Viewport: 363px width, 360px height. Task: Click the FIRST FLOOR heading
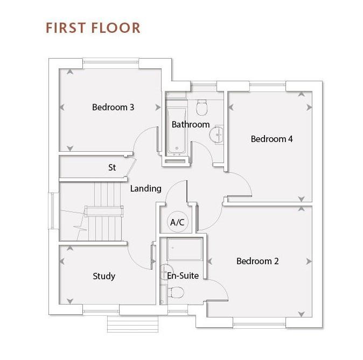[93, 28]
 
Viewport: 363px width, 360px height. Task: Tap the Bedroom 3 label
[113, 107]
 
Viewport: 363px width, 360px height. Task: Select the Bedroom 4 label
[271, 139]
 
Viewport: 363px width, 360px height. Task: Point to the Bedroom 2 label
[257, 261]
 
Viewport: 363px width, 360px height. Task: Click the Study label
[104, 276]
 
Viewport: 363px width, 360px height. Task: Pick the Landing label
[145, 188]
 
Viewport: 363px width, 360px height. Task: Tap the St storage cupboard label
[112, 167]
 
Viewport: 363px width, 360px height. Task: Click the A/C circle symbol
[178, 222]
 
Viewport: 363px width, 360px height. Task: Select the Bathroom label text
[191, 124]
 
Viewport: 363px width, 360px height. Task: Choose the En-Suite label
[183, 276]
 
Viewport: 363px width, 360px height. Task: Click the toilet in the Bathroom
[201, 108]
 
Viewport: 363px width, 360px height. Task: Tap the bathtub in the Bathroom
[177, 130]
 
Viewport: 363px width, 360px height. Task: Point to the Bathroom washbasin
[217, 135]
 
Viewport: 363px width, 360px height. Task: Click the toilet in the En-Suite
[176, 292]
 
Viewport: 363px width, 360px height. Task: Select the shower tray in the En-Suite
[185, 249]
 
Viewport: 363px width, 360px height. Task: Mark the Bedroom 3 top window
[110, 62]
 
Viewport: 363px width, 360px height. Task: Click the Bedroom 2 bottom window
[259, 324]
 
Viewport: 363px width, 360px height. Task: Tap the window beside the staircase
[52, 211]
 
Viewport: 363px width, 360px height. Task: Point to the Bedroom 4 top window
[268, 85]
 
